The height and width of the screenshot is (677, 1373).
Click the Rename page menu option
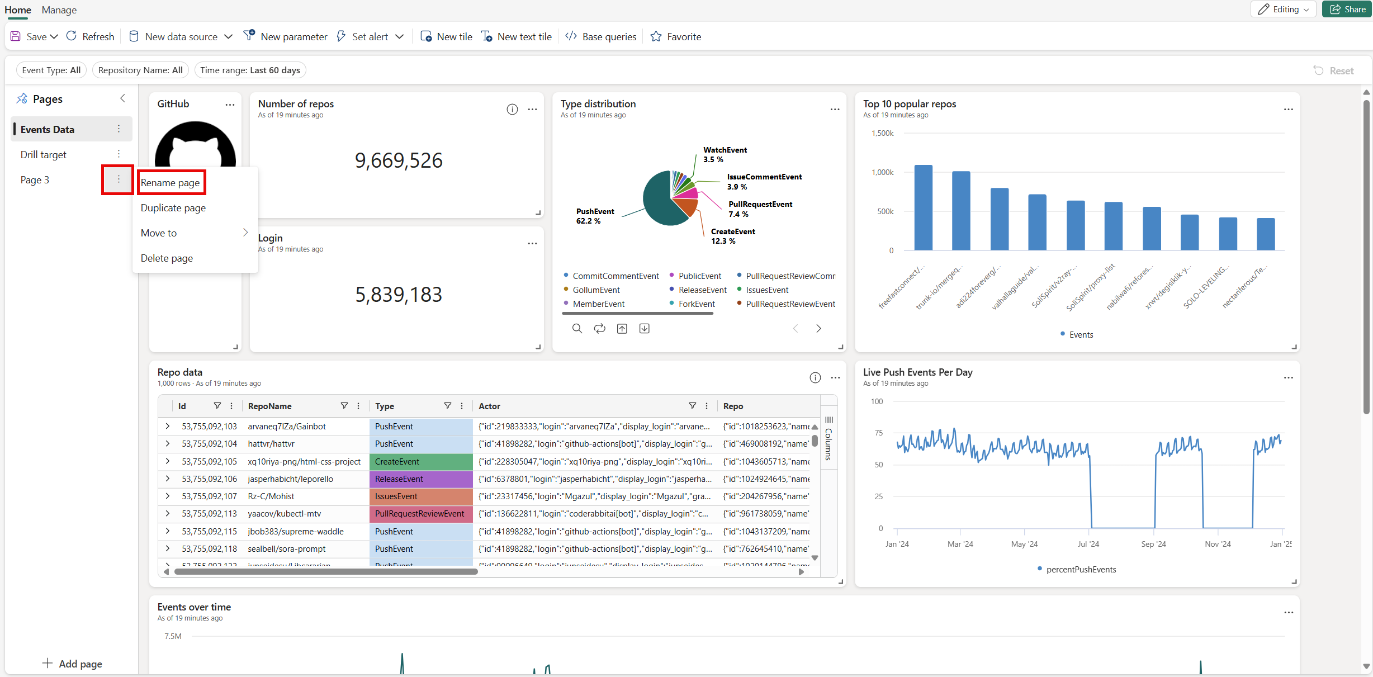[x=171, y=183]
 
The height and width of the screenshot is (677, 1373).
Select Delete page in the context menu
[x=167, y=258]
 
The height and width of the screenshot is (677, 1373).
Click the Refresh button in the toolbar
[x=90, y=36]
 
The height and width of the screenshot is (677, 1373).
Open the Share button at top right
[x=1347, y=9]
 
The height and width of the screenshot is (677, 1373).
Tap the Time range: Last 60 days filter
[x=250, y=70]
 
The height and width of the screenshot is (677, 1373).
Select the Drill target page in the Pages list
[x=44, y=154]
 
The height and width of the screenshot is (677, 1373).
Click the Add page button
[x=72, y=664]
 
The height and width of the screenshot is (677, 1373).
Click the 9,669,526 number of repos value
[x=399, y=160]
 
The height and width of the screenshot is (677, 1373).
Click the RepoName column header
[x=270, y=406]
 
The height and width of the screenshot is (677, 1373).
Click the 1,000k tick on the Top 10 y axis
[x=883, y=172]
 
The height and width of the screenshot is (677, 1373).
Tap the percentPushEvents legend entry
[x=1081, y=569]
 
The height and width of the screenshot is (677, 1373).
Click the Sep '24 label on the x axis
[x=1153, y=544]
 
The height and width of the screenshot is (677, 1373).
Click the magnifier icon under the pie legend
[x=577, y=328]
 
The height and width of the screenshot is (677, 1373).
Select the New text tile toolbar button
[x=517, y=36]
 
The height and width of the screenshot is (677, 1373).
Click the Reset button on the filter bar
[x=1334, y=70]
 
